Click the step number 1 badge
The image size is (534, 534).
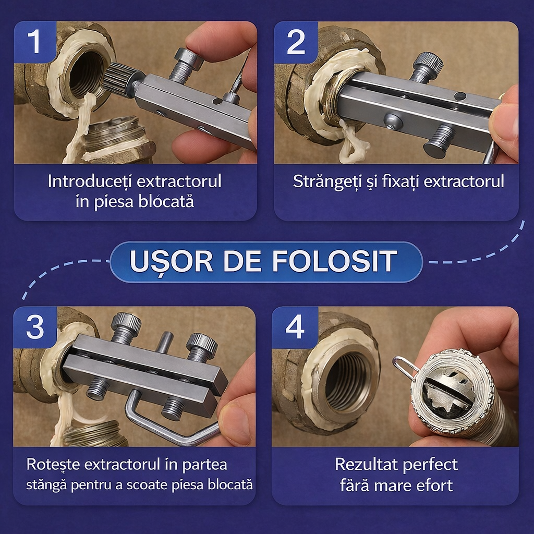[35, 42]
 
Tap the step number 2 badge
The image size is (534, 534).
[296, 42]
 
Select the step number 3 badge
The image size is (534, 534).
[35, 327]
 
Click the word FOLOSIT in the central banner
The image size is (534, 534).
[335, 261]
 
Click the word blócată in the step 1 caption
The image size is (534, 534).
[166, 201]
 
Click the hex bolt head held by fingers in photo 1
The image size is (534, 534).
[189, 57]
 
